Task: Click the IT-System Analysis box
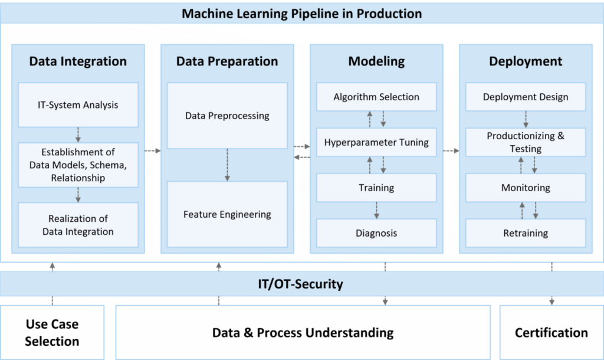pos(78,105)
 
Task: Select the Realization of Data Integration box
pos(78,225)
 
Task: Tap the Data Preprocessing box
pos(227,116)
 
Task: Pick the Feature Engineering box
pos(227,214)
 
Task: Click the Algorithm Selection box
pos(376,97)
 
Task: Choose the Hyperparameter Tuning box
pos(376,142)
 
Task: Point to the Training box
pos(376,188)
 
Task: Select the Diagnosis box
pos(376,233)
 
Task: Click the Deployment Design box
pos(526,97)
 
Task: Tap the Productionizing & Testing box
pos(526,142)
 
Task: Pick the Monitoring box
pos(526,188)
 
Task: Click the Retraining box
pos(526,233)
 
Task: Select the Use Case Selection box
pos(52,332)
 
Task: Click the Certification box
pos(551,332)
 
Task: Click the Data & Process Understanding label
pos(303,332)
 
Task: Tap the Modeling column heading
pos(376,61)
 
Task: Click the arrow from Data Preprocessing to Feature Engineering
pos(227,165)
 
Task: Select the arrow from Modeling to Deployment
pos(451,151)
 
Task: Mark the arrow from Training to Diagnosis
pos(376,210)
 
